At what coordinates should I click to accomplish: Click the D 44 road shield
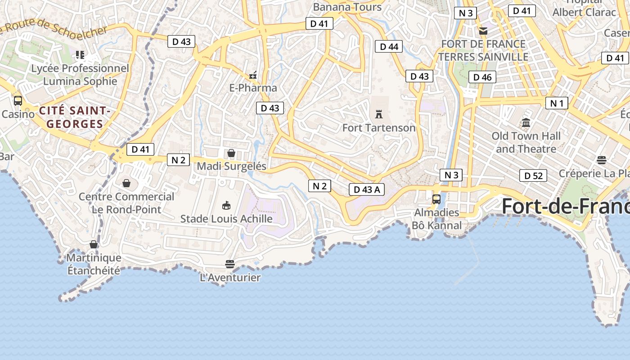389,46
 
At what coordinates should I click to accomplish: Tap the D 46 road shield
482,77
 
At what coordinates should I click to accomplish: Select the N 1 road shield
557,103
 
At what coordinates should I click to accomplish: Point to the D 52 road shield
533,175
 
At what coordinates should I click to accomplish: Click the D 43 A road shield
367,189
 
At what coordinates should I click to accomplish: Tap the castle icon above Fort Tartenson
379,114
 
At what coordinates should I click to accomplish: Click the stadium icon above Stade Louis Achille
226,206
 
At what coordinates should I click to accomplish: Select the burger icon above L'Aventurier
230,264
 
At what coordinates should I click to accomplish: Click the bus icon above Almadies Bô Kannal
436,199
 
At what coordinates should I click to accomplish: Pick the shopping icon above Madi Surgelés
231,153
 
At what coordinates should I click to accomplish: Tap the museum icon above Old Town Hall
526,122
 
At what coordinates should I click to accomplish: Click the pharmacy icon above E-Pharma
253,75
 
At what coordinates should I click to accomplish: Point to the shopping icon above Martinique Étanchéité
94,244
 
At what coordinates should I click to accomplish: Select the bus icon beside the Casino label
18,100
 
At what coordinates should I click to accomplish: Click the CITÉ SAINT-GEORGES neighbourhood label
75,117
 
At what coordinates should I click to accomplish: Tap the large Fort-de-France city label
565,206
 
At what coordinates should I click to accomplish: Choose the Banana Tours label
347,7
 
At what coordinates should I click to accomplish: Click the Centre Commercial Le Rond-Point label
126,203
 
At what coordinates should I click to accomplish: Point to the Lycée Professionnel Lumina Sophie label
80,75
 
